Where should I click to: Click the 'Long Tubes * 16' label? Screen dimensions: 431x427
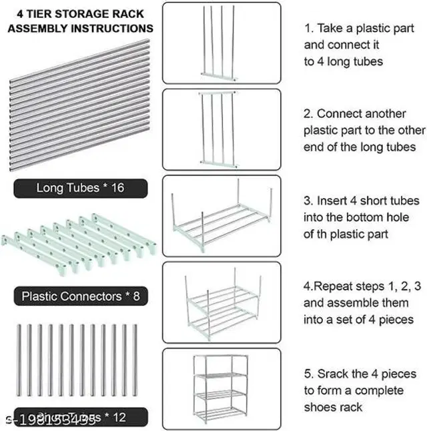click(x=80, y=189)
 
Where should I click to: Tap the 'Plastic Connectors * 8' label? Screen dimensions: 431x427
click(x=80, y=295)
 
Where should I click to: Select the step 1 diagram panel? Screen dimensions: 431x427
click(x=222, y=43)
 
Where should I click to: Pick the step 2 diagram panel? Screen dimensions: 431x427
click(x=222, y=128)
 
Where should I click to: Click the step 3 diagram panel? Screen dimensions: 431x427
click(x=222, y=215)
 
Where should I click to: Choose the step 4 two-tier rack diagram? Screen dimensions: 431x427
click(x=222, y=302)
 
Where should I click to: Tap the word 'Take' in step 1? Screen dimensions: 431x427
click(x=331, y=29)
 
